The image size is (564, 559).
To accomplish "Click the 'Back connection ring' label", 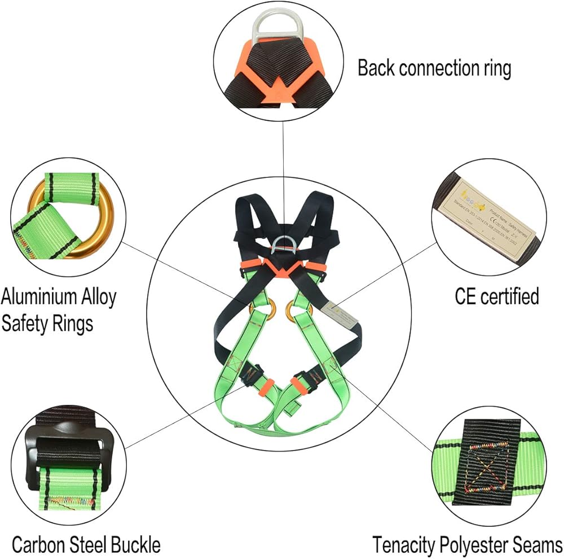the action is pyautogui.click(x=434, y=68).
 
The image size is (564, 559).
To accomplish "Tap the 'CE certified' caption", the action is pyautogui.click(x=497, y=296).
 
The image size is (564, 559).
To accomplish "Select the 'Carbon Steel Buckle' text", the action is pyautogui.click(x=86, y=545).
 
